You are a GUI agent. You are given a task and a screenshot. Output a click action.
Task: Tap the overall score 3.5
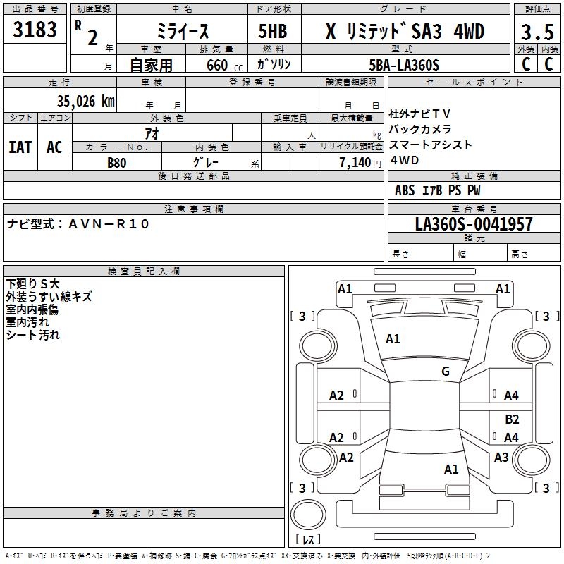536,32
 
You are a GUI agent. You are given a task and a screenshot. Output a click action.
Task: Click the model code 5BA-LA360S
404,65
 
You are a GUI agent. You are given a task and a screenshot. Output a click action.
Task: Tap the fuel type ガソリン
274,65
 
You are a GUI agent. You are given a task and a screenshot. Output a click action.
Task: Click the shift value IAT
20,147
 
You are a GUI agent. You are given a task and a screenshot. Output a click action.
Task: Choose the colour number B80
117,162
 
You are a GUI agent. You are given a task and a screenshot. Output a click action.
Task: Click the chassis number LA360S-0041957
474,225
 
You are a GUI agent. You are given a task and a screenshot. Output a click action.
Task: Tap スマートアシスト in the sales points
430,145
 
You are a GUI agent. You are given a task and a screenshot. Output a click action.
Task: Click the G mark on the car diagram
445,372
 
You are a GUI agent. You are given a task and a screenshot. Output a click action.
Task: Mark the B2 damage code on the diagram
512,419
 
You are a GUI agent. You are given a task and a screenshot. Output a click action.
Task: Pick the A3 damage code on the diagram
501,458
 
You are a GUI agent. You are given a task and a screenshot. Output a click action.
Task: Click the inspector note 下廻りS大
33,283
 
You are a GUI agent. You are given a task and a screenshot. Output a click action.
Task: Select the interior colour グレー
206,162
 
